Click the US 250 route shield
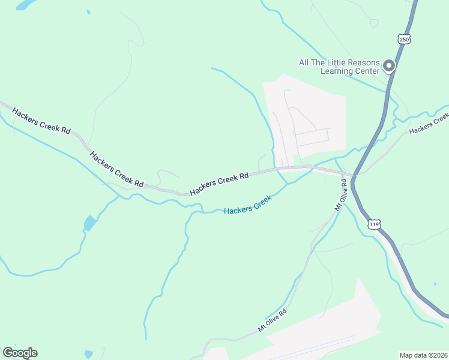pos(403,38)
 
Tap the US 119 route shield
pos(373,224)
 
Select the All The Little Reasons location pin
pos(389,65)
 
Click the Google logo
pos(20,353)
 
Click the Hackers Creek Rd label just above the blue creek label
pos(219,184)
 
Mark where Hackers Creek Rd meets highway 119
pos(355,176)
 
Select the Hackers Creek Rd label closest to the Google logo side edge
pos(41,119)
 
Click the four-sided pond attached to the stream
pos(89,223)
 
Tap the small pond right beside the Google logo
pos(89,353)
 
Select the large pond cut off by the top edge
pos(25,5)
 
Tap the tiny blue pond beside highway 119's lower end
pos(434,283)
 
